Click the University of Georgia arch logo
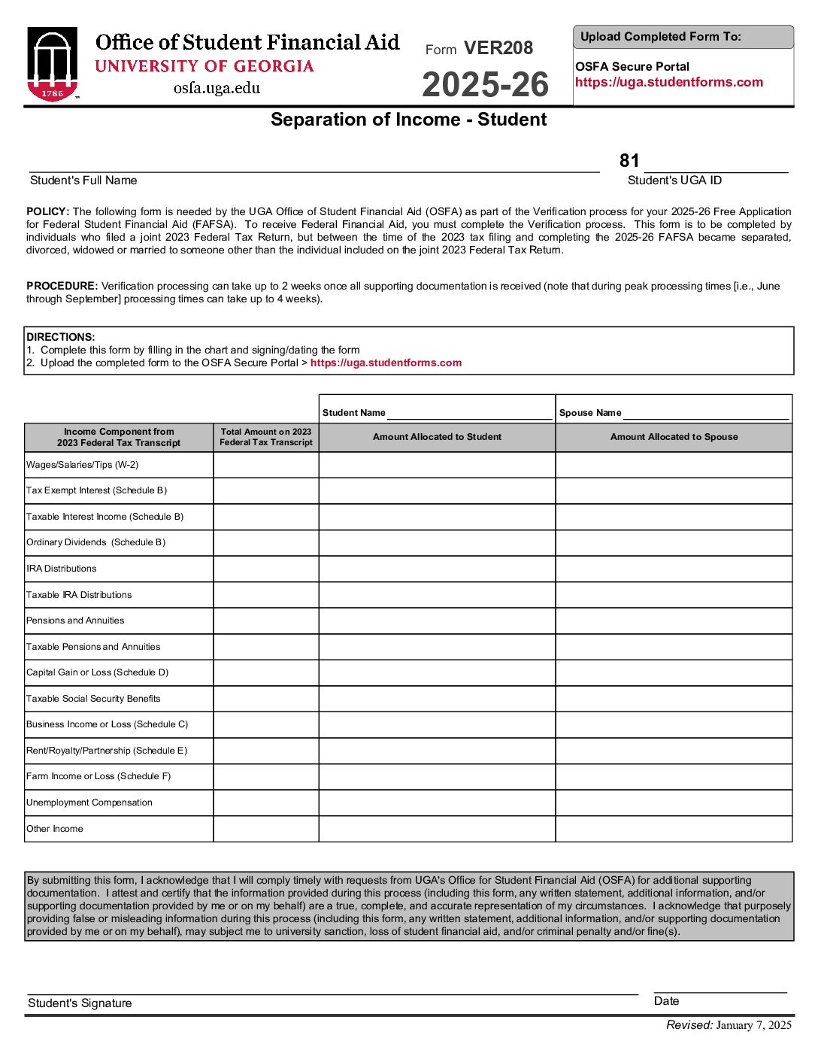click(x=53, y=65)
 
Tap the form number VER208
click(x=498, y=48)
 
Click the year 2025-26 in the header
click(x=485, y=84)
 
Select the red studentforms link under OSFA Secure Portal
click(x=668, y=83)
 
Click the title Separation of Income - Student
click(x=408, y=120)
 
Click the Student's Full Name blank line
click(x=314, y=166)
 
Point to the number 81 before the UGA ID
click(x=629, y=161)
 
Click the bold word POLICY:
click(x=47, y=211)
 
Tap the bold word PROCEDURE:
click(x=62, y=286)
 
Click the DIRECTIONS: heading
click(x=61, y=337)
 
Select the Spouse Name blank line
click(x=705, y=414)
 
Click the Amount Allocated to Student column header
click(x=437, y=437)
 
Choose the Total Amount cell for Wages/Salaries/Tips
click(x=266, y=465)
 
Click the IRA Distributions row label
click(x=62, y=569)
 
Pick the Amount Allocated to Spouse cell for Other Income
click(x=674, y=829)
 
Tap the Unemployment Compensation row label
click(x=89, y=803)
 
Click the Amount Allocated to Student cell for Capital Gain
click(x=437, y=672)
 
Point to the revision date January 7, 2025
click(x=753, y=1025)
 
